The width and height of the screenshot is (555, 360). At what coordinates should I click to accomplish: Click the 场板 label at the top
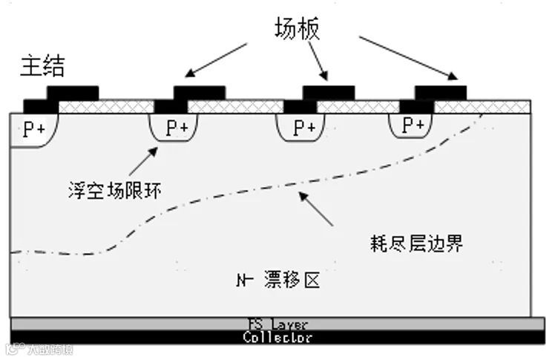pyautogui.click(x=296, y=29)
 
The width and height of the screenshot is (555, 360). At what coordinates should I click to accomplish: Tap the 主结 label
pyautogui.click(x=42, y=66)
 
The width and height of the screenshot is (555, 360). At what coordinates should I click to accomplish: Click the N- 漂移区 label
pyautogui.click(x=278, y=281)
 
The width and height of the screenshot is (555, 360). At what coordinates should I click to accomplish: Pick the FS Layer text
pyautogui.click(x=277, y=324)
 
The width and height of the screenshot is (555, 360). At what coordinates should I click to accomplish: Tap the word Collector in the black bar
pyautogui.click(x=277, y=338)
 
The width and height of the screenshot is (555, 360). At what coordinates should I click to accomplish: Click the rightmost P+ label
pyautogui.click(x=413, y=125)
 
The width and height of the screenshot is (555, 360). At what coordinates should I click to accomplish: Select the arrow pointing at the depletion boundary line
pyautogui.click(x=315, y=208)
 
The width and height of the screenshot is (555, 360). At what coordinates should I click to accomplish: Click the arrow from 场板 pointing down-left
pyautogui.click(x=217, y=59)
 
